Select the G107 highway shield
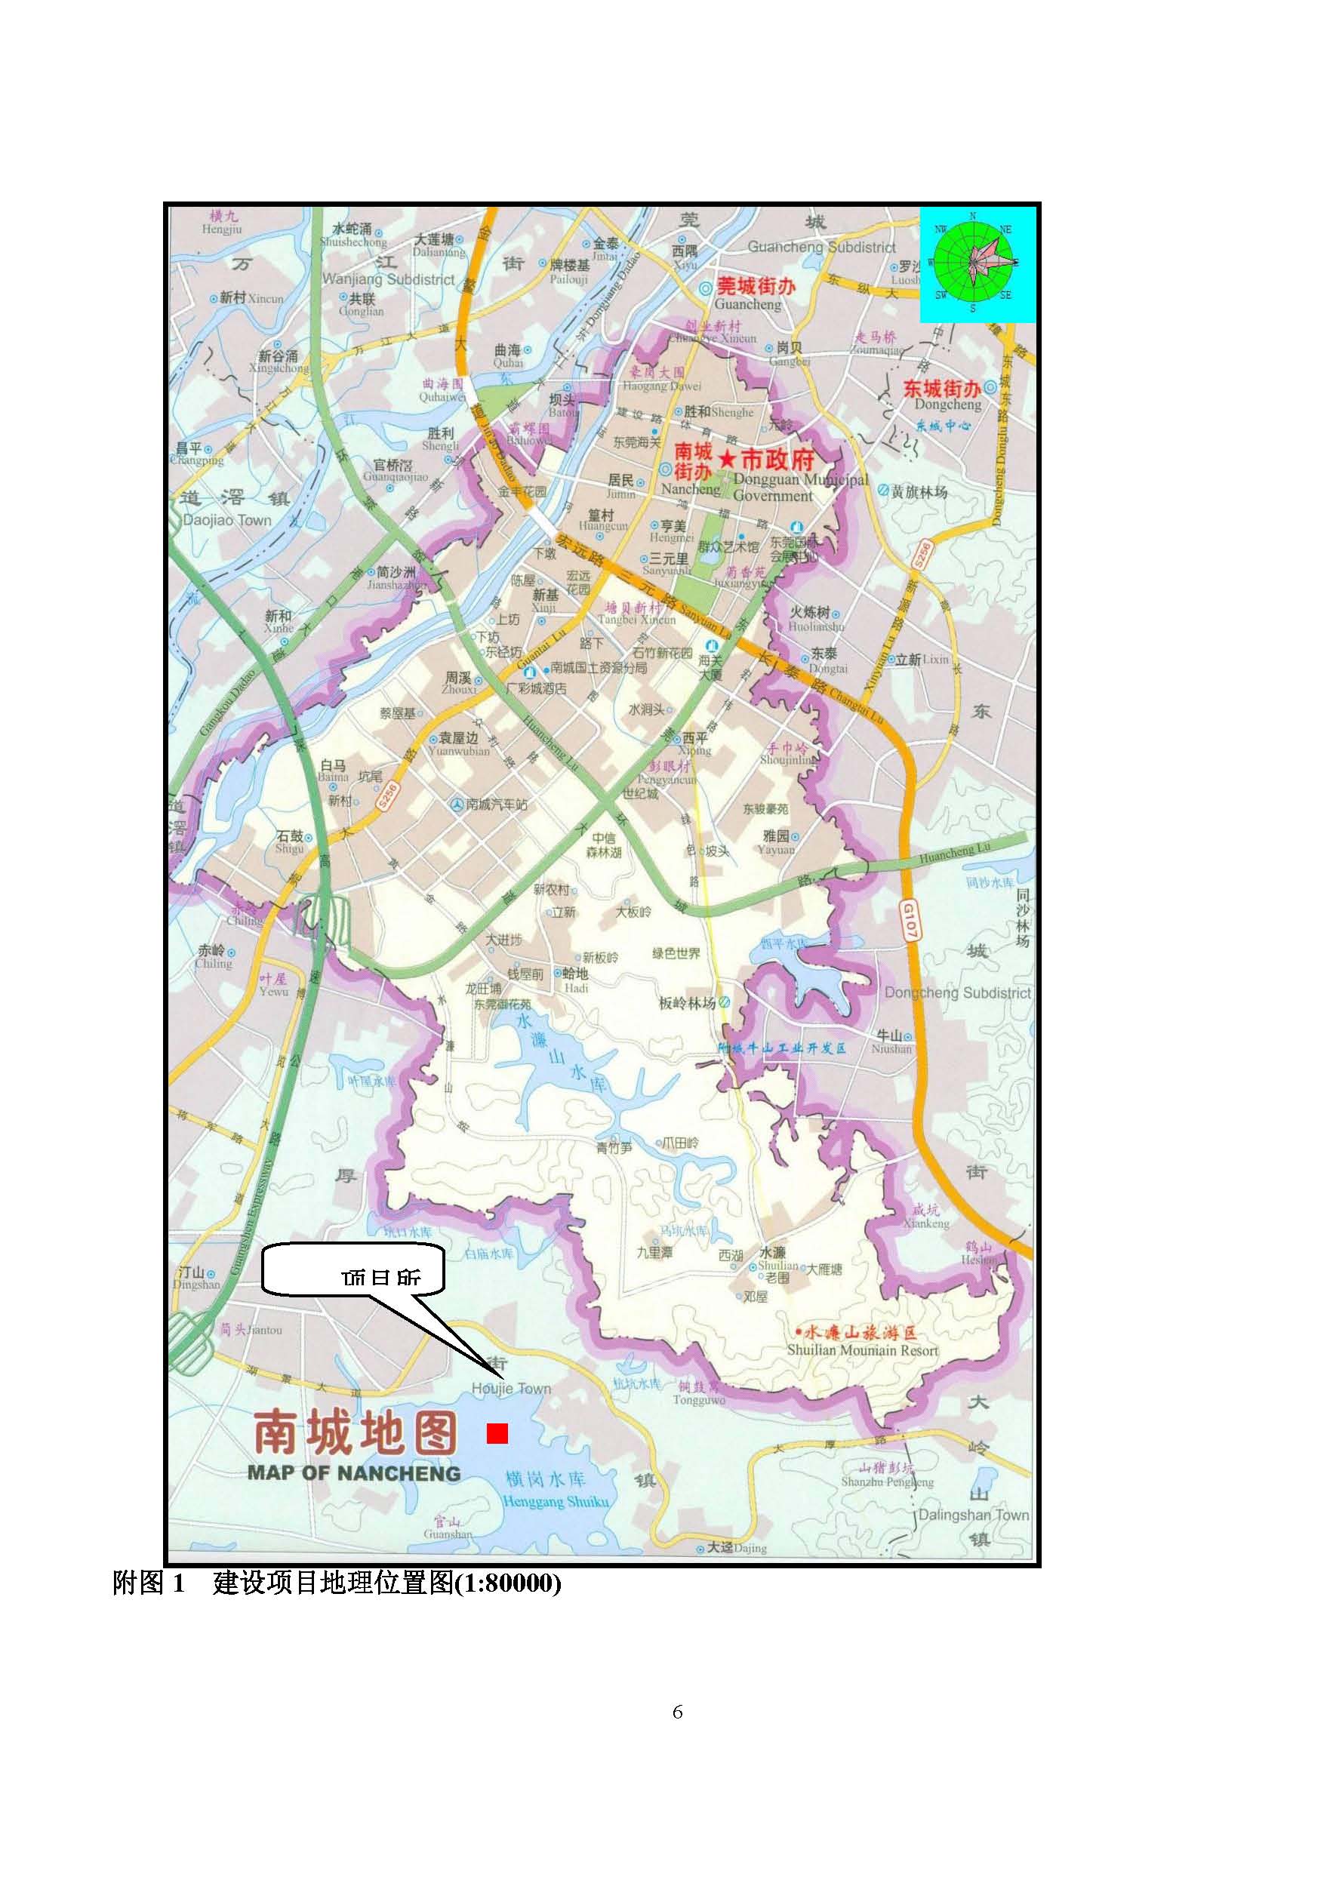pyautogui.click(x=910, y=919)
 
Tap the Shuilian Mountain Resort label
pyautogui.click(x=862, y=1350)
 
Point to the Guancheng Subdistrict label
pyautogui.click(x=822, y=247)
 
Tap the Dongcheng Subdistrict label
pyautogui.click(x=957, y=992)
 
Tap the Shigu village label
pyautogui.click(x=290, y=848)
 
